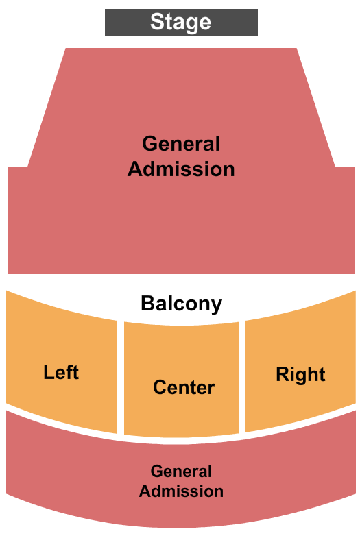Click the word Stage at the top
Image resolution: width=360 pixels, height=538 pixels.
(180, 23)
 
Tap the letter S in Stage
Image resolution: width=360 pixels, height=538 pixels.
(157, 21)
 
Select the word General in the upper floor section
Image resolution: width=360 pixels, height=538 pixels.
(181, 144)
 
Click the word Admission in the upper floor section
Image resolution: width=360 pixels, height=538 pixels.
(181, 169)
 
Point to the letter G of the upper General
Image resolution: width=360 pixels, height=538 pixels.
(149, 144)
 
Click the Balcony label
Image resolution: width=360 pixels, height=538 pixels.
(181, 304)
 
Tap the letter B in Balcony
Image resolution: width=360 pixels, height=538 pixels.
(147, 303)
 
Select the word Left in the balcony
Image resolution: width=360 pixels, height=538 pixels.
(61, 372)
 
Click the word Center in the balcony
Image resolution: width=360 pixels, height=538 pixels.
(184, 387)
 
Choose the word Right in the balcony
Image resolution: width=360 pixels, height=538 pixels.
(300, 374)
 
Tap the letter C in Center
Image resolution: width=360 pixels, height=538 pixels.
(160, 387)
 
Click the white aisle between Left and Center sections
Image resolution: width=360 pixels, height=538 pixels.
(121, 377)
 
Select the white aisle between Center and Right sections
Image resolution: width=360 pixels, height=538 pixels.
(242, 377)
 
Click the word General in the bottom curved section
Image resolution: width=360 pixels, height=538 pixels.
(181, 472)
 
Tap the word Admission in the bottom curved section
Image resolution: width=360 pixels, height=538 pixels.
(181, 491)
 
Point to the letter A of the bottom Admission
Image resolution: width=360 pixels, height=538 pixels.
(145, 491)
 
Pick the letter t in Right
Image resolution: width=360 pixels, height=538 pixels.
(322, 375)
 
